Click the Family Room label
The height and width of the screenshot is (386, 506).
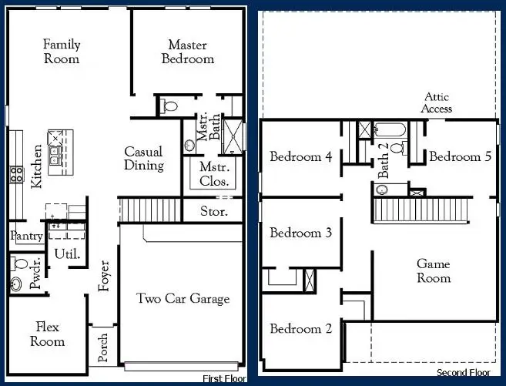62,52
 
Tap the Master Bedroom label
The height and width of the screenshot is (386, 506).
188,52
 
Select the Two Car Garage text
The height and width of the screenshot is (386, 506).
183,298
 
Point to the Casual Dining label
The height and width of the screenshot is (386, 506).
144,159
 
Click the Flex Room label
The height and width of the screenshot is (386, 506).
48,334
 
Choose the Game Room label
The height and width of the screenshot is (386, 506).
434,270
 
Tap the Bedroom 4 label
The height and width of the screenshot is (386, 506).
300,156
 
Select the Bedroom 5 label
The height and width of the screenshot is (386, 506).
460,156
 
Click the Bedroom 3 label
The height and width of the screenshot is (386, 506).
300,233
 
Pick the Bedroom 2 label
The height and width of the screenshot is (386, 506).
300,329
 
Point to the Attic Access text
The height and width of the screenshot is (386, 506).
436,102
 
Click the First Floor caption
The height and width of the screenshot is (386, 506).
224,378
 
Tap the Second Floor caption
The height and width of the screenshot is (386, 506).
463,373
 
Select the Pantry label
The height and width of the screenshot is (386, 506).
26,237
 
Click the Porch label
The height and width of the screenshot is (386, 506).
104,347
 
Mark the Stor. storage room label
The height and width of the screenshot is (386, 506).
213,210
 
